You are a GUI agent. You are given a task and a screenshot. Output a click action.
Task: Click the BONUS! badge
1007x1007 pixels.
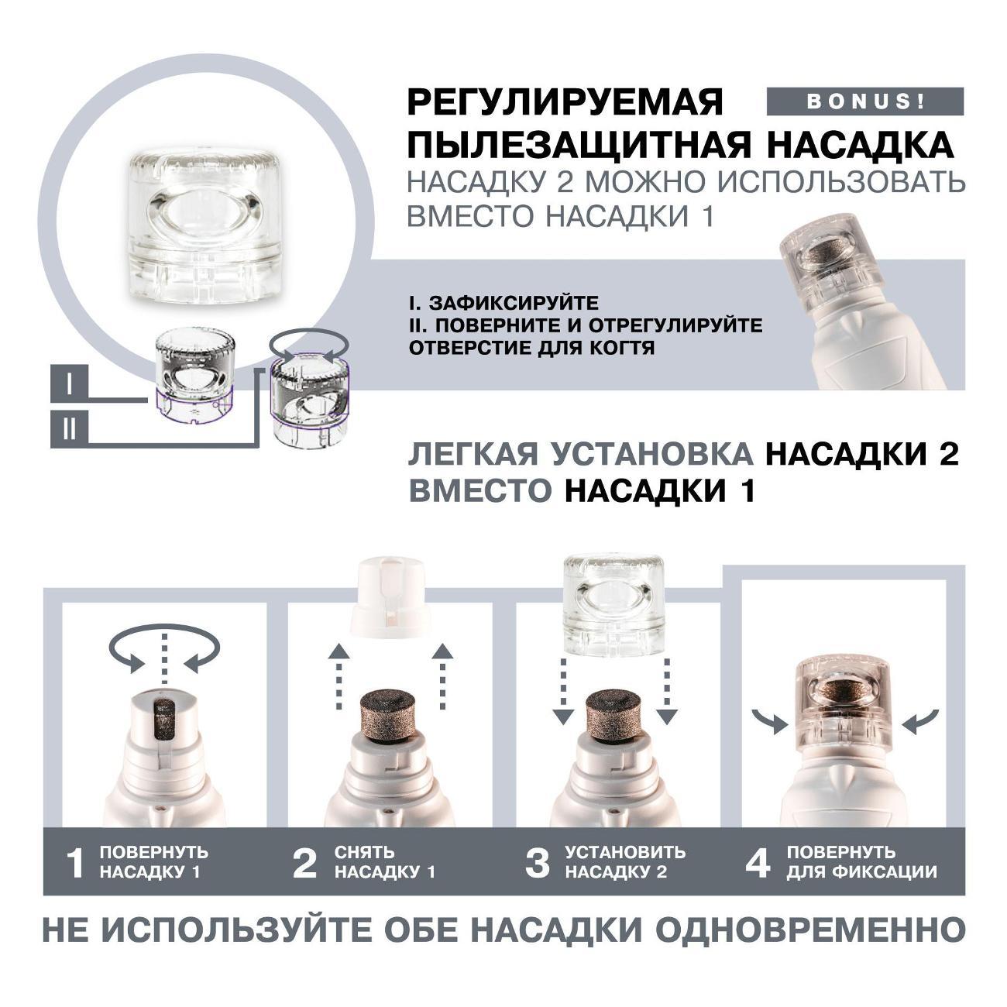pos(864,101)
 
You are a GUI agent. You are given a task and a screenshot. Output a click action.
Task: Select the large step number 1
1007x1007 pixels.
pos(76,863)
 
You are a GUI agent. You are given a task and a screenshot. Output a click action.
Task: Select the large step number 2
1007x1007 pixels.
pos(304,863)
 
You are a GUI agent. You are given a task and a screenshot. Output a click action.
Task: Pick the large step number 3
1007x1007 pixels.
pos(537,863)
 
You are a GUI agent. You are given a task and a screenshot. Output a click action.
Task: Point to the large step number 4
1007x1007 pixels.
pos(758,863)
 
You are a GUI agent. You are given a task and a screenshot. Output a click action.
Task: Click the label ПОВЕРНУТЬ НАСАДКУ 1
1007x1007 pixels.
pos(153,862)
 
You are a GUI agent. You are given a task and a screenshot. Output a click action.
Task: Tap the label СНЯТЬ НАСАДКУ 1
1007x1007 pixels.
pos(385,862)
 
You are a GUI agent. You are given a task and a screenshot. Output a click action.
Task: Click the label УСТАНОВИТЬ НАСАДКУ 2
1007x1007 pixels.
pos(624,862)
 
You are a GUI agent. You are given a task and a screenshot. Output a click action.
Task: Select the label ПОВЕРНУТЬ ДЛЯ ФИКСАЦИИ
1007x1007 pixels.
pos(861,862)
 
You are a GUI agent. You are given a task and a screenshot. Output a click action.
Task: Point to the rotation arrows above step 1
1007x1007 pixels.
pos(164,650)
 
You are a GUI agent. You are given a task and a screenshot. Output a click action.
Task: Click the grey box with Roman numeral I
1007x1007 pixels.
pos(69,385)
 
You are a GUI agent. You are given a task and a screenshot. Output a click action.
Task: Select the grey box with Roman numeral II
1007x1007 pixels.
pos(69,429)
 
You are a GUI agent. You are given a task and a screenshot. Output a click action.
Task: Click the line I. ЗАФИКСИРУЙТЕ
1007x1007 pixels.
pos(503,303)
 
